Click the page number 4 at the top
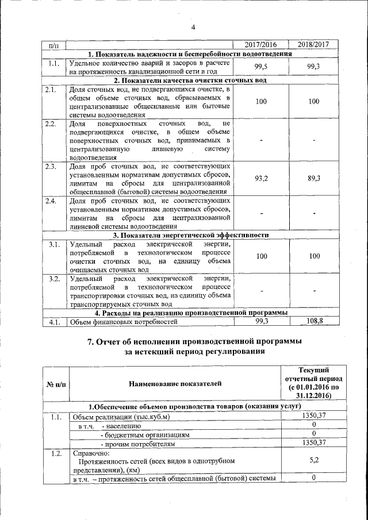pos(193,27)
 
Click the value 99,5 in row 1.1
pos(262,67)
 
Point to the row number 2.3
pos(51,167)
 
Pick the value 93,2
pos(262,179)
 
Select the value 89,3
pos(314,179)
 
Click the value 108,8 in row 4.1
pos(314,321)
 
